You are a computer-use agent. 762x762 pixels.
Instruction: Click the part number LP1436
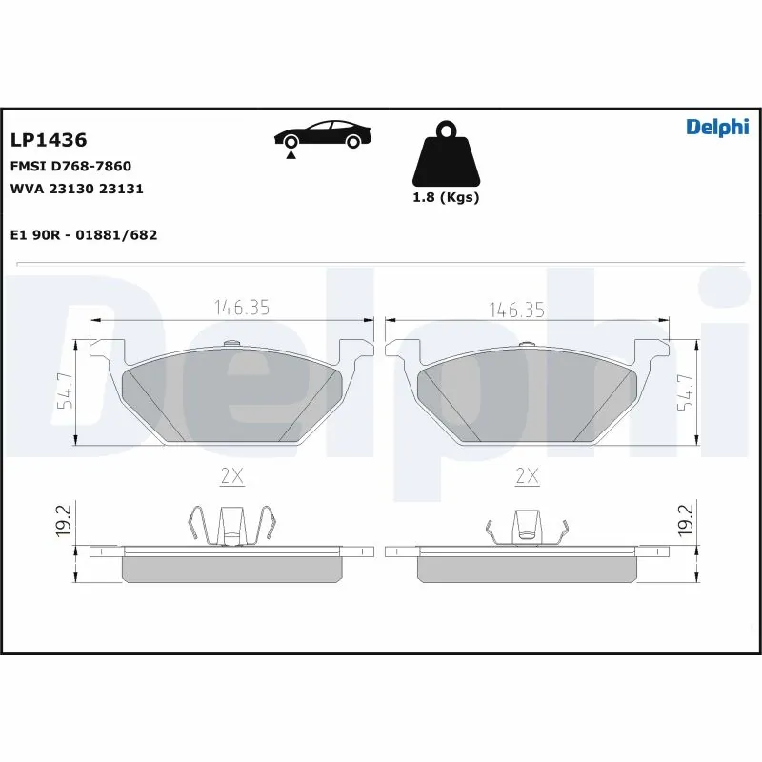[x=49, y=140]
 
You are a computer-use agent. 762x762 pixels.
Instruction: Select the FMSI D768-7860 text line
[x=70, y=166]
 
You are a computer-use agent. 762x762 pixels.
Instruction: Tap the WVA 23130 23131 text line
[x=76, y=189]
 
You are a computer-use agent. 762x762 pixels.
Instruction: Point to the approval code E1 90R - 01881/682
[x=83, y=234]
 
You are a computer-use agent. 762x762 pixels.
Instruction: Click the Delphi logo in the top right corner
[x=717, y=129]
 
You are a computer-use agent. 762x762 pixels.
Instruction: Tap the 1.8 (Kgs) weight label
[x=446, y=198]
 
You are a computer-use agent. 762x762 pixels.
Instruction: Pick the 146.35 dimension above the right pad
[x=517, y=309]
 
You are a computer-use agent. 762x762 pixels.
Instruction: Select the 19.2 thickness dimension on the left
[x=63, y=522]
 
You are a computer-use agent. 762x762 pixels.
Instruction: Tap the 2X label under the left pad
[x=232, y=476]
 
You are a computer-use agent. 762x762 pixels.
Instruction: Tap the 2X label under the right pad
[x=527, y=476]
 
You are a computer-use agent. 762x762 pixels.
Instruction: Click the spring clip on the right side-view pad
[x=527, y=528]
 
